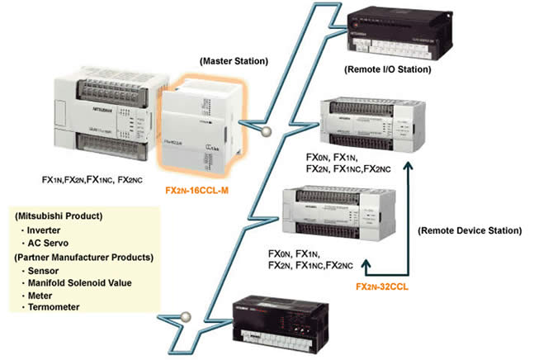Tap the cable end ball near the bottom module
point(186,315)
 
